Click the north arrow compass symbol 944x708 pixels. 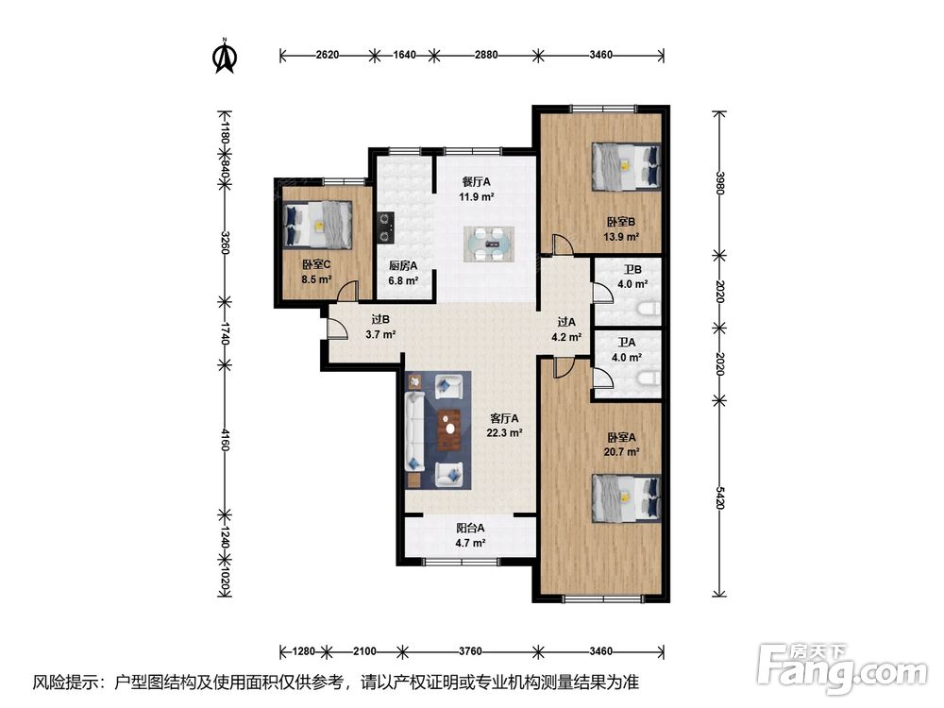226,56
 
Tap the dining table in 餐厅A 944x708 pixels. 489,244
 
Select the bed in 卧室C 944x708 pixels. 317,224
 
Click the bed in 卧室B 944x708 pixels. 626,167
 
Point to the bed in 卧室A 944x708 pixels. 626,498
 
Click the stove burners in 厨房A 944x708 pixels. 385,228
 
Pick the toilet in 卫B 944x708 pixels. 649,310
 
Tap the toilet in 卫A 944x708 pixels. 649,379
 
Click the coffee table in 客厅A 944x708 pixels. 448,430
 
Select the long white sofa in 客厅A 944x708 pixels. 414,431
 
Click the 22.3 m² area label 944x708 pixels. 504,433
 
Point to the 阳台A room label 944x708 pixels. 470,528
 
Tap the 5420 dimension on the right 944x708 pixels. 719,497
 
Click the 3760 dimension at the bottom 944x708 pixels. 470,650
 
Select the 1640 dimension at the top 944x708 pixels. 404,55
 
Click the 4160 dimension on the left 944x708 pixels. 225,440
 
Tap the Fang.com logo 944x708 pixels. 842,667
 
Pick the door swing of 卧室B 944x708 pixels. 564,244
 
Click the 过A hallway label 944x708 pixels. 565,322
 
